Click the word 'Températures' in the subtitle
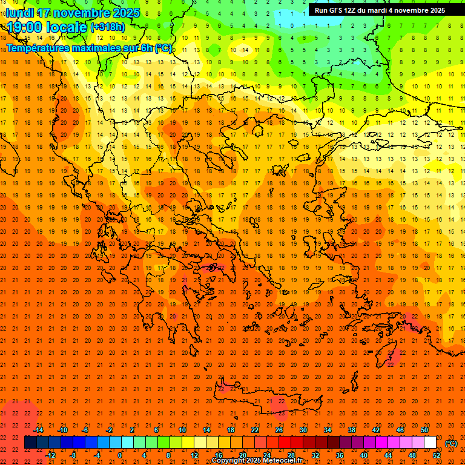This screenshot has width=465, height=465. [42, 48]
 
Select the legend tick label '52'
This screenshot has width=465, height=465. [437, 455]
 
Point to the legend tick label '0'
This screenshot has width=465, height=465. [120, 455]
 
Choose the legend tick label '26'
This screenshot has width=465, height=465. [279, 430]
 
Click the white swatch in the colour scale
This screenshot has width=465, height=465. [430, 443]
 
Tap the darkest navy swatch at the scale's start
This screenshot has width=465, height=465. [30, 443]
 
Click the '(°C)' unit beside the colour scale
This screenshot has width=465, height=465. [451, 443]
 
